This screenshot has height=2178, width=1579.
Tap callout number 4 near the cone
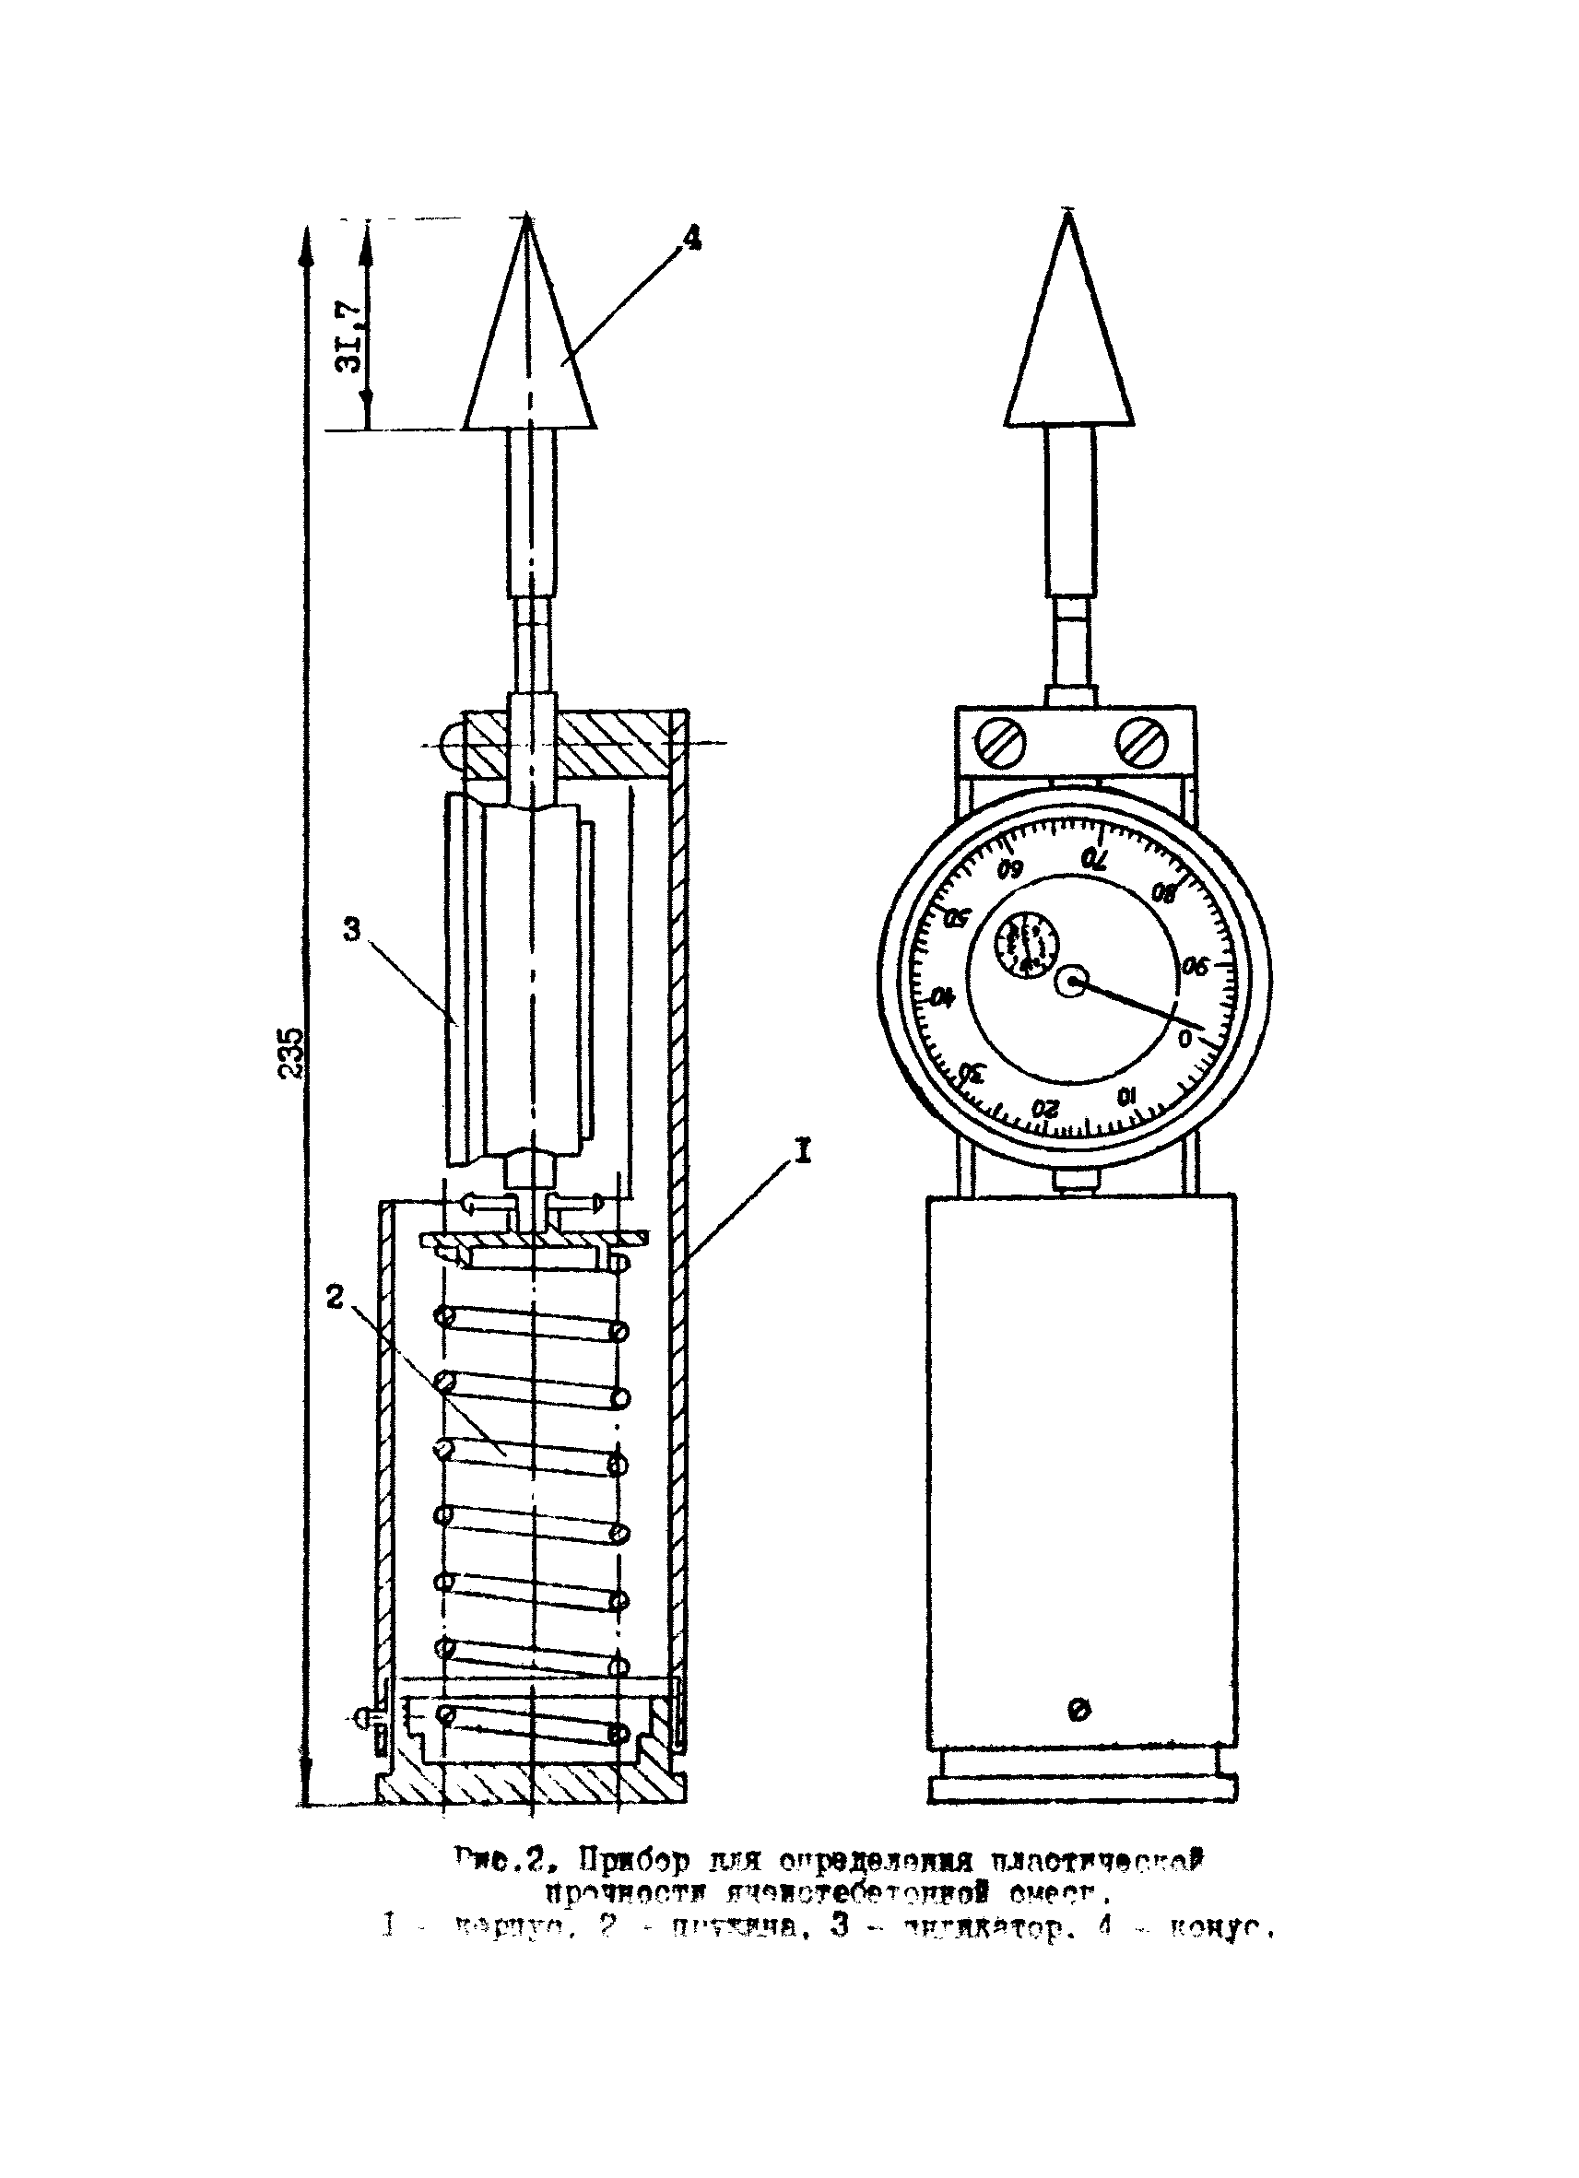coord(691,237)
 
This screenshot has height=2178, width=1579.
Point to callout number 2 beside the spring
coord(335,1298)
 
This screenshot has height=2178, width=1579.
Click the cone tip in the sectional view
coord(526,221)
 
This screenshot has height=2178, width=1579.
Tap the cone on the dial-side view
coord(1068,336)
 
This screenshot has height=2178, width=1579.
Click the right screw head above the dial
coord(1140,741)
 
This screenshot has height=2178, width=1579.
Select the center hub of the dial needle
coord(1072,982)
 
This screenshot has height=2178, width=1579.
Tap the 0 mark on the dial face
coord(1185,1037)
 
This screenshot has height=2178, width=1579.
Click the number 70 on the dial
coord(1093,857)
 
